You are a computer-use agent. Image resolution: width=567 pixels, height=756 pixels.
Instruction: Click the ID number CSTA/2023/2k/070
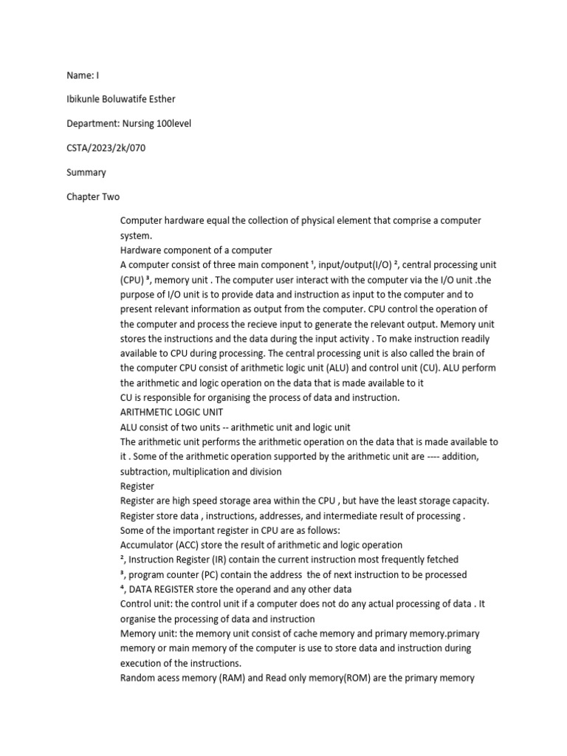tap(106, 148)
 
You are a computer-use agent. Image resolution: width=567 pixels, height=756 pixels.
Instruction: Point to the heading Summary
tap(86, 172)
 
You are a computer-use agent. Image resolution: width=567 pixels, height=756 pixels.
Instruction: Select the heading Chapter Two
tap(93, 197)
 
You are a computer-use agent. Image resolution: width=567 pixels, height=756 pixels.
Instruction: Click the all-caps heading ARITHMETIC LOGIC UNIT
tap(172, 412)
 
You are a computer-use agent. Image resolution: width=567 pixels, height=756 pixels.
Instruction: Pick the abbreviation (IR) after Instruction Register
tap(219, 560)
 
